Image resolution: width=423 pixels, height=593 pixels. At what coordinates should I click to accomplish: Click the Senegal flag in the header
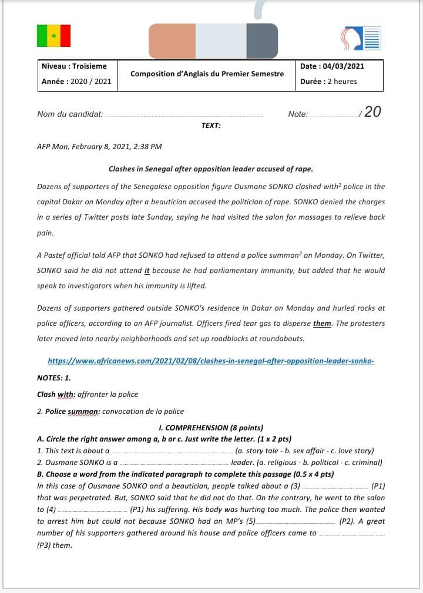point(53,36)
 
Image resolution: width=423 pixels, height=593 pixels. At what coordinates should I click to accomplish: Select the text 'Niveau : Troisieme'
point(74,66)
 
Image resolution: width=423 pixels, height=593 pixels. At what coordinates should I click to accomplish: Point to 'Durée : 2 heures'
point(328,82)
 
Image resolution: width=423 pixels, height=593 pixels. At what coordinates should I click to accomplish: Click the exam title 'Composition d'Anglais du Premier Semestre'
point(207,74)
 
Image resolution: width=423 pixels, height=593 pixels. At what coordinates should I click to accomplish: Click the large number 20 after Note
point(372,112)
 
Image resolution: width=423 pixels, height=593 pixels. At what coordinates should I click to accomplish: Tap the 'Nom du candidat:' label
point(70,114)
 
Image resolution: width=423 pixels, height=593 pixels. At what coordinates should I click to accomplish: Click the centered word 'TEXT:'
point(211,126)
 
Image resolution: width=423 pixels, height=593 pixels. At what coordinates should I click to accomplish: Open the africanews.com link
point(211,361)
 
